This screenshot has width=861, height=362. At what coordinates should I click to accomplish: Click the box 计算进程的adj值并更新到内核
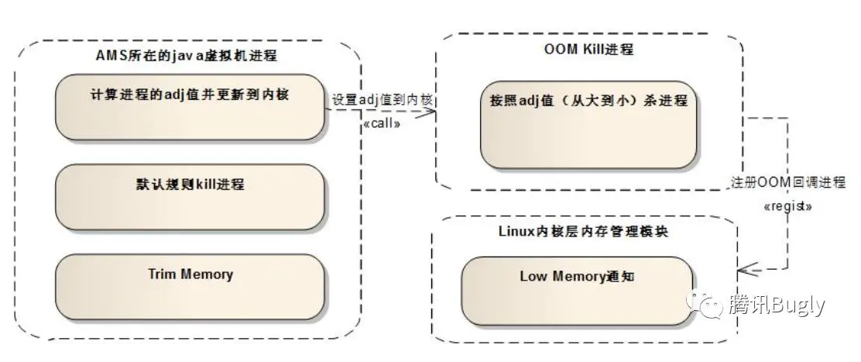click(190, 107)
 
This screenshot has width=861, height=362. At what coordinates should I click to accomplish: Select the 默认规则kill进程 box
click(190, 197)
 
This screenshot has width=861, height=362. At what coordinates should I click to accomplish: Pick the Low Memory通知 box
click(577, 285)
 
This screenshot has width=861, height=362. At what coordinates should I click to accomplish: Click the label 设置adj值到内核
click(382, 100)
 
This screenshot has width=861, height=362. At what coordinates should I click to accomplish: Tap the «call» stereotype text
click(381, 123)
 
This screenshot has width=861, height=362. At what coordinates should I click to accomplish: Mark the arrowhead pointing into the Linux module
click(745, 270)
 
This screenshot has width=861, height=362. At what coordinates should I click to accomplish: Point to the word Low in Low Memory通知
click(533, 276)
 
